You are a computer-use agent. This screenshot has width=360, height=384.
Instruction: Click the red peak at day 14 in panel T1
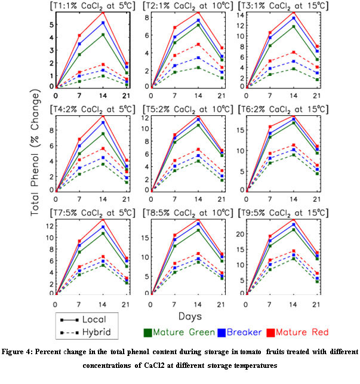point(87,12)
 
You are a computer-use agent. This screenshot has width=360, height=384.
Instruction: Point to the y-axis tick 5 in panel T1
point(52,24)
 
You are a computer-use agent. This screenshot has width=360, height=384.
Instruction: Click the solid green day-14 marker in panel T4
point(87,133)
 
